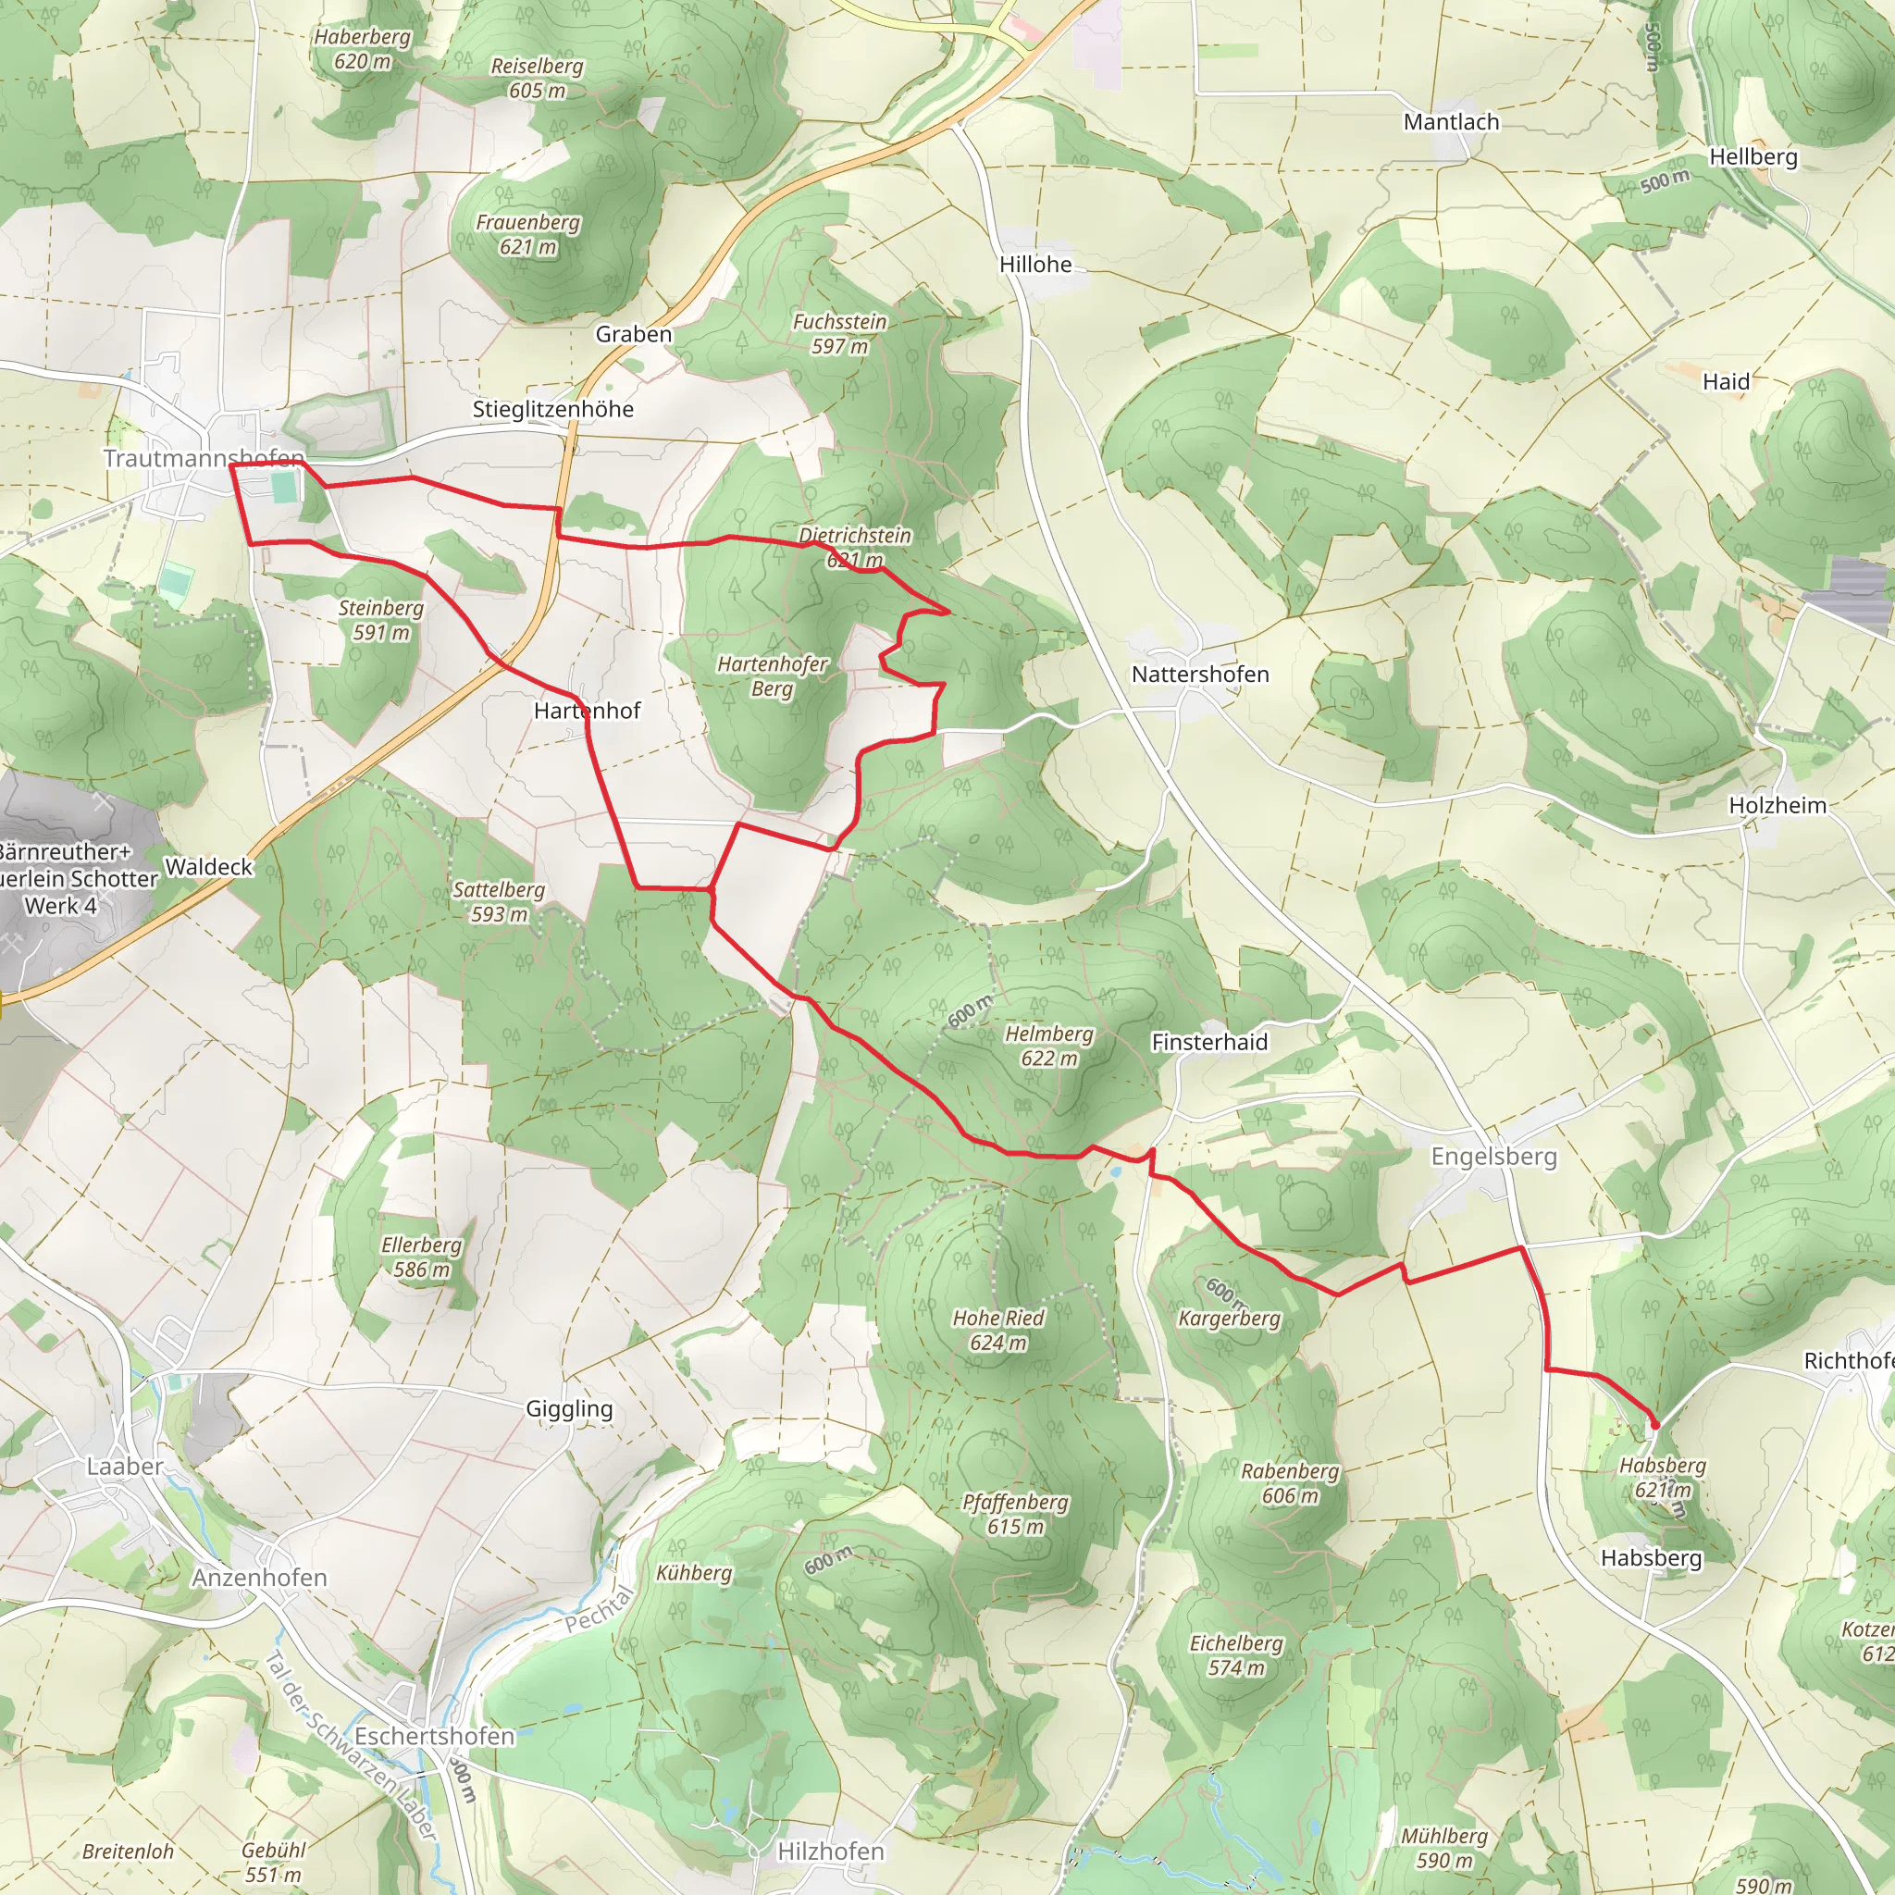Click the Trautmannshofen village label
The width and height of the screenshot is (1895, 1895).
(204, 458)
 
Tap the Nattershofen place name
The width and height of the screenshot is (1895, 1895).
(1199, 674)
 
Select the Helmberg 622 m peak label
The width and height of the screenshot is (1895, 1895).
(1048, 1046)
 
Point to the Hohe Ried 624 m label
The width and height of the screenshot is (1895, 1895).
(997, 1330)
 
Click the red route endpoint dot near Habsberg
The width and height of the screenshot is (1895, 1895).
(1655, 1424)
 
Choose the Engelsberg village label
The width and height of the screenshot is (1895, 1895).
(1492, 1157)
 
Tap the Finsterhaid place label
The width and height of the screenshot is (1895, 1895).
(1208, 1042)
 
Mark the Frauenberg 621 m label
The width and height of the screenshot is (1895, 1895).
(527, 234)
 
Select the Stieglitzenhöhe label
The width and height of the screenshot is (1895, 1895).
(552, 409)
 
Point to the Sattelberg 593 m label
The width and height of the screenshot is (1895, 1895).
(499, 901)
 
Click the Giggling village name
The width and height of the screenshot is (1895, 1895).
(569, 1408)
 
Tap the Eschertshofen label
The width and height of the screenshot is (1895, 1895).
(434, 1736)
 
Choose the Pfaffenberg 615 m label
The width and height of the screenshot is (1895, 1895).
(1015, 1514)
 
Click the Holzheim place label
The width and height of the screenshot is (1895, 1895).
(1777, 805)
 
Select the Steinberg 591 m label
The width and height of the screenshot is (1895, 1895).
(380, 620)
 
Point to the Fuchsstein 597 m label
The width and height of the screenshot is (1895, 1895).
(839, 333)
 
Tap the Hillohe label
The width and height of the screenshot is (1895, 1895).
(1034, 264)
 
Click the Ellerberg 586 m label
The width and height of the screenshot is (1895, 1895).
(421, 1257)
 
